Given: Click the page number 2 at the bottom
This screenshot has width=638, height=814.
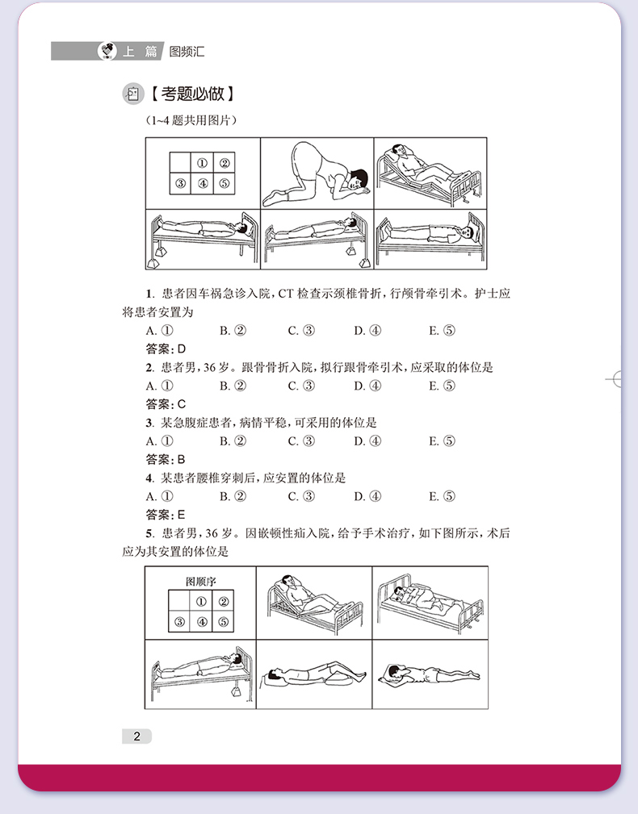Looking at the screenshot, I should [137, 736].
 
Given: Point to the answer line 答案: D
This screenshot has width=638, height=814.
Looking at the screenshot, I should [166, 349].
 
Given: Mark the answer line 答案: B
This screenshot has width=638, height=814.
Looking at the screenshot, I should [166, 459].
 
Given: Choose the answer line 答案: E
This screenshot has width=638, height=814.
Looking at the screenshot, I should [166, 515].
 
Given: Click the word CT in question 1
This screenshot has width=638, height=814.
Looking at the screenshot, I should [288, 293].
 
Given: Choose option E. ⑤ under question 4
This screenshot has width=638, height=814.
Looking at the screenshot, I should [442, 496].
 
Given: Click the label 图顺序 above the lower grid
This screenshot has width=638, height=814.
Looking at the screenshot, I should [201, 581].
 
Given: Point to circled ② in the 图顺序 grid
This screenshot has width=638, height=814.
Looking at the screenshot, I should [223, 601].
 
